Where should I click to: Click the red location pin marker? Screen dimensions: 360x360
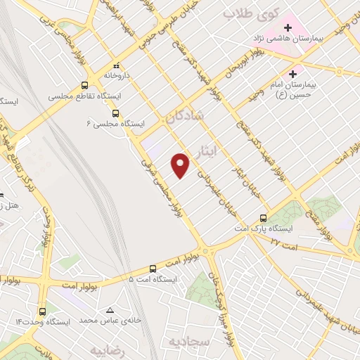(181, 165)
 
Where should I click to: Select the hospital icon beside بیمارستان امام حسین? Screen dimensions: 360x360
(292, 73)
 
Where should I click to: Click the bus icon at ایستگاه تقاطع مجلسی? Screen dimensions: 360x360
(85, 85)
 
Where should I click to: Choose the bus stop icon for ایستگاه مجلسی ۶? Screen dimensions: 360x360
(115, 112)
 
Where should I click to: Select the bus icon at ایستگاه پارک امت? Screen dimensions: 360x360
(263, 218)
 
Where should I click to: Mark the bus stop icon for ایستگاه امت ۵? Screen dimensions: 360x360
(153, 268)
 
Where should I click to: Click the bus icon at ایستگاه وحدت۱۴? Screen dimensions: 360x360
(43, 311)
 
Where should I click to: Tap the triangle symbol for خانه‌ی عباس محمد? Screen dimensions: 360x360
(110, 310)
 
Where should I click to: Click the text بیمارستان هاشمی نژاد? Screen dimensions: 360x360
(288, 38)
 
